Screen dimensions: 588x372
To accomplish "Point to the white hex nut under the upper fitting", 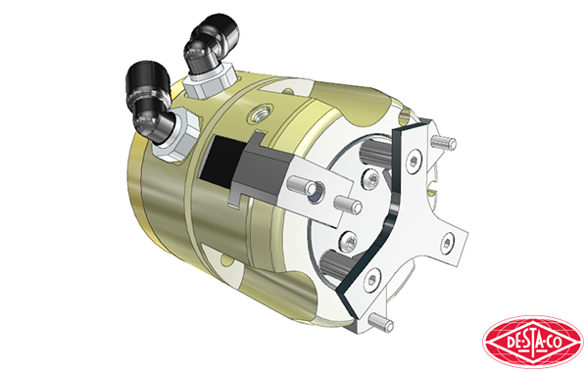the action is pyautogui.click(x=210, y=81).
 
